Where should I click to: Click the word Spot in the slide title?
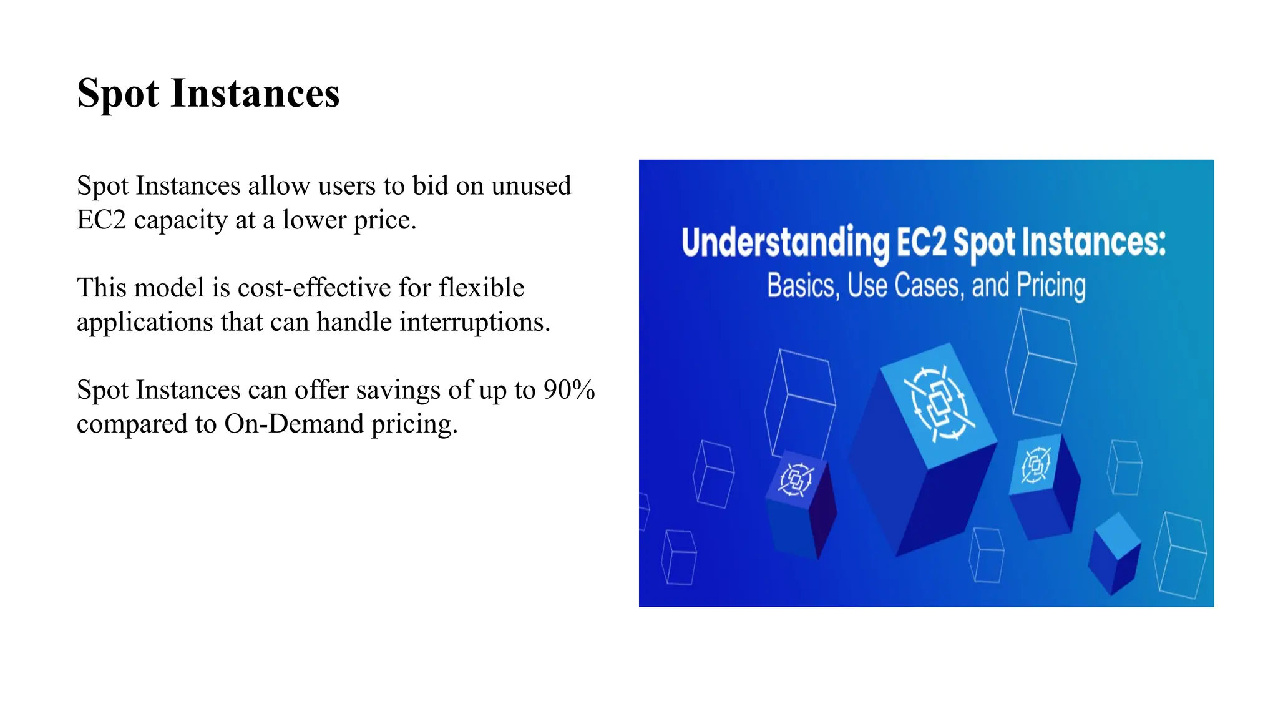(118, 94)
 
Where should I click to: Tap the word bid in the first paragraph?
(431, 186)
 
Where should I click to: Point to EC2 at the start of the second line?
(101, 220)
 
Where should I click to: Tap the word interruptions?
(474, 322)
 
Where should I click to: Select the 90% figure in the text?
(568, 390)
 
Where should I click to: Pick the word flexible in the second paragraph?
(481, 288)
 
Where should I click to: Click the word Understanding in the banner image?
(785, 243)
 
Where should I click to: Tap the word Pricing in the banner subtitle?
(1051, 285)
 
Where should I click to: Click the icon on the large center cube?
(939, 404)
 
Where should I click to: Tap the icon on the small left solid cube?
(796, 480)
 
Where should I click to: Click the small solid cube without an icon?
(1115, 552)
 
